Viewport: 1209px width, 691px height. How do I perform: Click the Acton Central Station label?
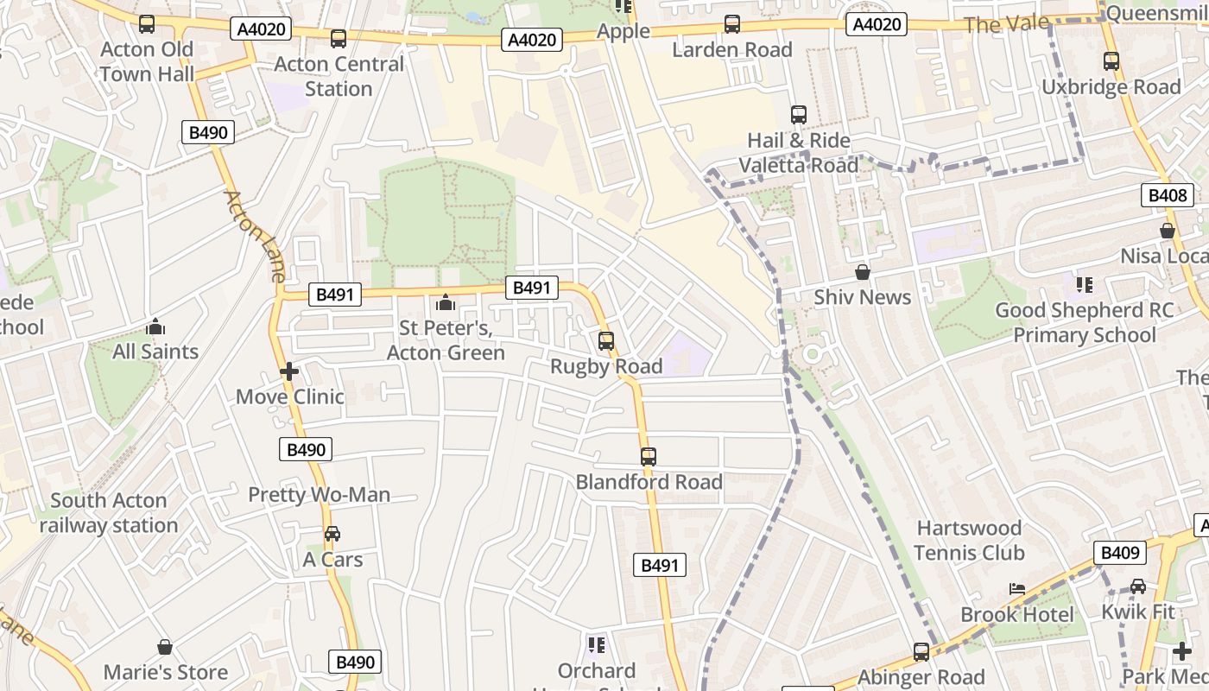click(x=339, y=76)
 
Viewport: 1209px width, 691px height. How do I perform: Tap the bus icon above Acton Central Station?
click(x=339, y=39)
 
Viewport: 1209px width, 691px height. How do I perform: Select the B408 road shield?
click(x=1167, y=195)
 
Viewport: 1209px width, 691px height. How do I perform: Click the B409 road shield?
click(x=1120, y=553)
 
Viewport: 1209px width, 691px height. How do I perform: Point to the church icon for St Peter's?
click(x=446, y=302)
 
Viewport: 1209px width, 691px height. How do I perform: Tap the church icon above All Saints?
click(x=155, y=326)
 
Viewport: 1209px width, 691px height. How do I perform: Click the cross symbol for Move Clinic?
click(x=289, y=372)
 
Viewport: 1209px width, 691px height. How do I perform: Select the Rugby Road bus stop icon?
click(x=606, y=341)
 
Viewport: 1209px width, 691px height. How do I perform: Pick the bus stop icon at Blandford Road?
click(x=649, y=456)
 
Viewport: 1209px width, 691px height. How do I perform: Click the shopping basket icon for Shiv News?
click(x=862, y=273)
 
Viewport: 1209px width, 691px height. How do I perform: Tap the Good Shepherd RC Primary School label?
click(x=1084, y=322)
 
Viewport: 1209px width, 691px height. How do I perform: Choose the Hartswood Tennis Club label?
click(x=969, y=540)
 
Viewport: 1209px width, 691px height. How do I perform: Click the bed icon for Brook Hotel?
click(x=1017, y=589)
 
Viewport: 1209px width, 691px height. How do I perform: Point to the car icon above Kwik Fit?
click(x=1138, y=586)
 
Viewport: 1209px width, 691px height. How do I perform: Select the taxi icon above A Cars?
click(x=332, y=534)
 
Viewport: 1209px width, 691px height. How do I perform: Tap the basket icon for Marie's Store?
click(x=165, y=647)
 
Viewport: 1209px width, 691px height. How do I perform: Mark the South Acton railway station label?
click(x=108, y=512)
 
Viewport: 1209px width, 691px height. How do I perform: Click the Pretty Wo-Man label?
click(x=320, y=495)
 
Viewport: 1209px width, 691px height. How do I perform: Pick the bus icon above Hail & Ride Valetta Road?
click(x=799, y=115)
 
